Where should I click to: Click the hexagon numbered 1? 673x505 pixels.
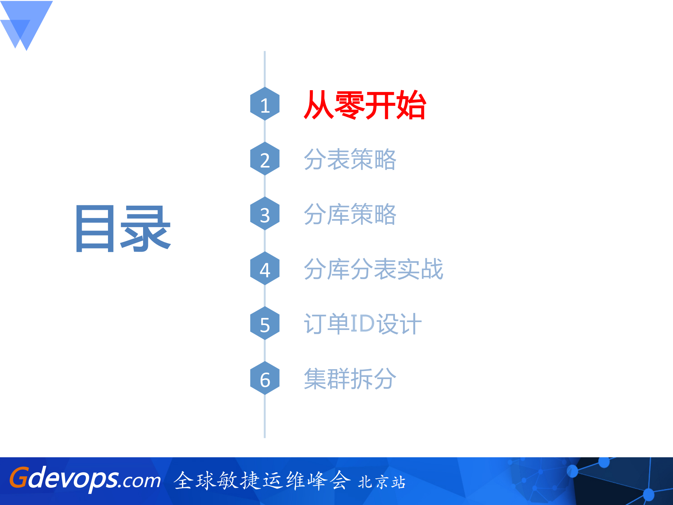point(265,104)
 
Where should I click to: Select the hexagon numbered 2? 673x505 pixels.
point(265,159)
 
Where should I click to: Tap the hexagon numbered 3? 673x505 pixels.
point(265,214)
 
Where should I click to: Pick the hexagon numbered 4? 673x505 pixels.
point(265,269)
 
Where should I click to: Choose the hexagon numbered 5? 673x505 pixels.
point(265,324)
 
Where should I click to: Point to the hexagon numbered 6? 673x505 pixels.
point(265,378)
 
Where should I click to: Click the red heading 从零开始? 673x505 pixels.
point(364,105)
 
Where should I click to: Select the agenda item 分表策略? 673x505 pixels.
point(350,159)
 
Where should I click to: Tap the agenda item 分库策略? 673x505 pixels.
point(350,214)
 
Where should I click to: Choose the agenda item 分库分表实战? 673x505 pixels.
point(373,269)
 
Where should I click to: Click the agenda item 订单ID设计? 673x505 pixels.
point(362,324)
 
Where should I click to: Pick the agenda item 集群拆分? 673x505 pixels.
point(350,379)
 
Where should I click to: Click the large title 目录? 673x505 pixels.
point(123,229)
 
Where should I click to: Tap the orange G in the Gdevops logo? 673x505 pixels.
point(19,478)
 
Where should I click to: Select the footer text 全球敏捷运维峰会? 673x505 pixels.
point(262,480)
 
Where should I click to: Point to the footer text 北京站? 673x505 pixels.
point(382,482)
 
